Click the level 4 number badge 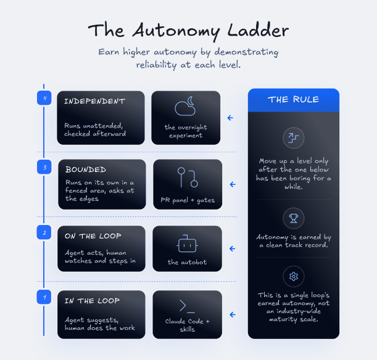44,98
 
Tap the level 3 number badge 44,167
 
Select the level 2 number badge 44,232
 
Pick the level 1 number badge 44,297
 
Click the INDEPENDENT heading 95,101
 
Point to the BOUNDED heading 86,170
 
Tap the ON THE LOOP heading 93,236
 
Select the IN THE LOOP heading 92,301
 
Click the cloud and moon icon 185,107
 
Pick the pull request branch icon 188,178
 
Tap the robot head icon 188,243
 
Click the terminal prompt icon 187,306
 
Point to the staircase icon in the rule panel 294,138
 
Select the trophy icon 294,218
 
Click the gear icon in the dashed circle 294,276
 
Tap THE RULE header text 294,99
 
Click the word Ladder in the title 258,30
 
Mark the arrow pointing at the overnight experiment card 230,118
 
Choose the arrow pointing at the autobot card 232,249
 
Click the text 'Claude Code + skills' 188,325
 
